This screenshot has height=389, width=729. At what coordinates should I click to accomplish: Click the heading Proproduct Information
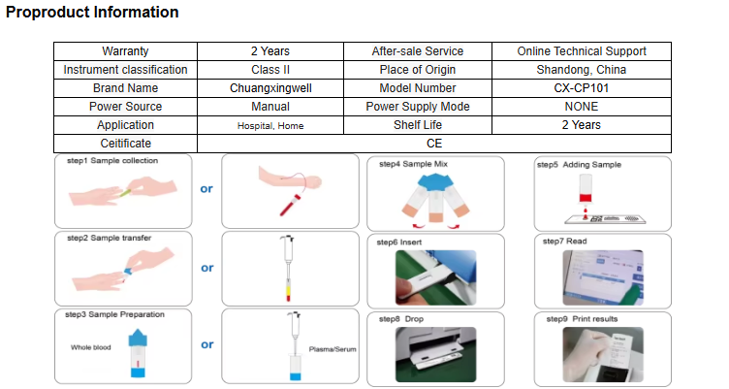coord(93,13)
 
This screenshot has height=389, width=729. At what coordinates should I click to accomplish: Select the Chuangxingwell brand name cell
coord(270,88)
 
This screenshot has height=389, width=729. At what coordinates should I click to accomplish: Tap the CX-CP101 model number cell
coord(581,88)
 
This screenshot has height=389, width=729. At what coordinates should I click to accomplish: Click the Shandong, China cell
coord(581,70)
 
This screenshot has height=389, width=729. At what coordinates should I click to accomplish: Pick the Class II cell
coord(270,70)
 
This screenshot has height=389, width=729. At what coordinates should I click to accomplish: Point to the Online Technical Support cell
coord(581,51)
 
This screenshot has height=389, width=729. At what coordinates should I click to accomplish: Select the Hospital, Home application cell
coord(270,126)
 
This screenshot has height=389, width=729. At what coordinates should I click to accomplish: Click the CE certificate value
coord(434,144)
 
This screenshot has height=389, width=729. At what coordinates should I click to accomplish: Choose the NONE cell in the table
coord(581,107)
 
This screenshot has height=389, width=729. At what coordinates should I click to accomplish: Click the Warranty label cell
coord(125,51)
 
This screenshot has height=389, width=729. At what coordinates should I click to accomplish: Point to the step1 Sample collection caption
coord(111,161)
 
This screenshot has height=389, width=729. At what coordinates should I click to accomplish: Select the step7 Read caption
coord(564,241)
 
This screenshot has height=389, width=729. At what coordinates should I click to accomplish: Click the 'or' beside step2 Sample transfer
coord(206,268)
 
